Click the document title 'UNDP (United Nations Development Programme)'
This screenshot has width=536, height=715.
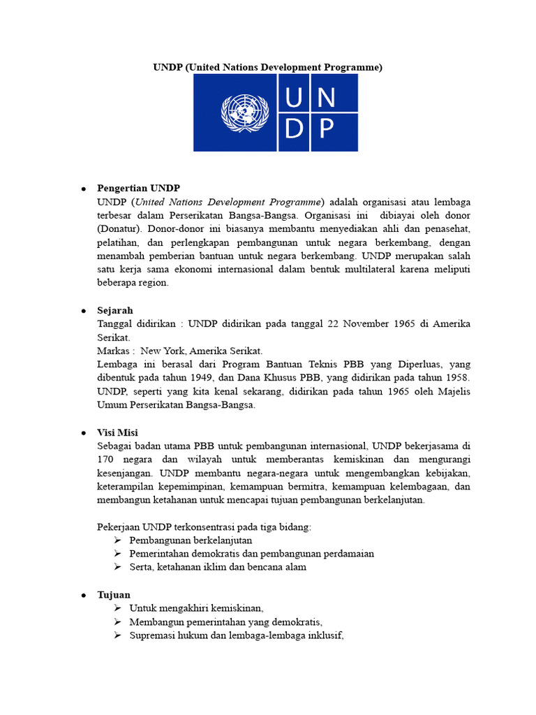pyautogui.click(x=268, y=67)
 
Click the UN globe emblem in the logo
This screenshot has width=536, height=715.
pyautogui.click(x=239, y=112)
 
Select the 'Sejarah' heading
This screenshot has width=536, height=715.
pyautogui.click(x=115, y=310)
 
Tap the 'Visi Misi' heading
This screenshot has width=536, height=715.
pyautogui.click(x=118, y=433)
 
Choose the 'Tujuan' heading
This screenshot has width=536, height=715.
pyautogui.click(x=114, y=594)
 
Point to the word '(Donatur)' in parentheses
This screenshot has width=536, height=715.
pyautogui.click(x=117, y=228)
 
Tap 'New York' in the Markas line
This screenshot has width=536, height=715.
pyautogui.click(x=163, y=351)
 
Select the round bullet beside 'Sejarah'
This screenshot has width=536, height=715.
pyautogui.click(x=82, y=311)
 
